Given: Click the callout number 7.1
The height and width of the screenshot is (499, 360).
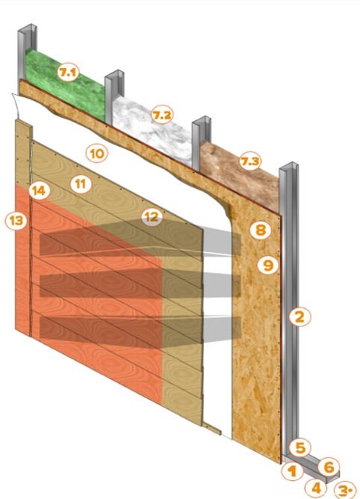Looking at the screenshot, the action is tap(68, 73).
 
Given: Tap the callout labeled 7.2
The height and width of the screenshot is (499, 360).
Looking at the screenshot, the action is tap(162, 115).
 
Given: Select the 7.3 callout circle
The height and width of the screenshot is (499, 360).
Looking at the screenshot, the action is tap(250, 162).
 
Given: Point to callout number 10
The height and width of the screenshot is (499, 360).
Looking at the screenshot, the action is tap(97, 153).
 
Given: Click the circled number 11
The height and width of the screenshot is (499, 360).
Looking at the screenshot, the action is tap(81, 184).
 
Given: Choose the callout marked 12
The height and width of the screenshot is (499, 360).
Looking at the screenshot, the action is tap(152, 217).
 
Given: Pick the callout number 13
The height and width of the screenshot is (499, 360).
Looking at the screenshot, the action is tap(16, 220).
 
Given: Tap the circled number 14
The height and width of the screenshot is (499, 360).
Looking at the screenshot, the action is tap(39, 191).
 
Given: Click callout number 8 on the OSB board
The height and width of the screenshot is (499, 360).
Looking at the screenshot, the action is tap(260, 230).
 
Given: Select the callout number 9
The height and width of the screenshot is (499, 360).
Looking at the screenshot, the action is tap(268, 265).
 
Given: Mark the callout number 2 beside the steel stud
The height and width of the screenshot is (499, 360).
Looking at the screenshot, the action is tap(300, 316).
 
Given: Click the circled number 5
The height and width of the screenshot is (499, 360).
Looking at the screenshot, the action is tap(300, 448).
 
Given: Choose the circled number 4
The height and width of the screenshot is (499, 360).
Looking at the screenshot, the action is tap(316, 488).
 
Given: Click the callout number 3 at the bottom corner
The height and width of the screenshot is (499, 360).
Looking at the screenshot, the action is tap(344, 491).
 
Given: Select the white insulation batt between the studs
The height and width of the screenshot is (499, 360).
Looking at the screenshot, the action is tap(153, 127).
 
